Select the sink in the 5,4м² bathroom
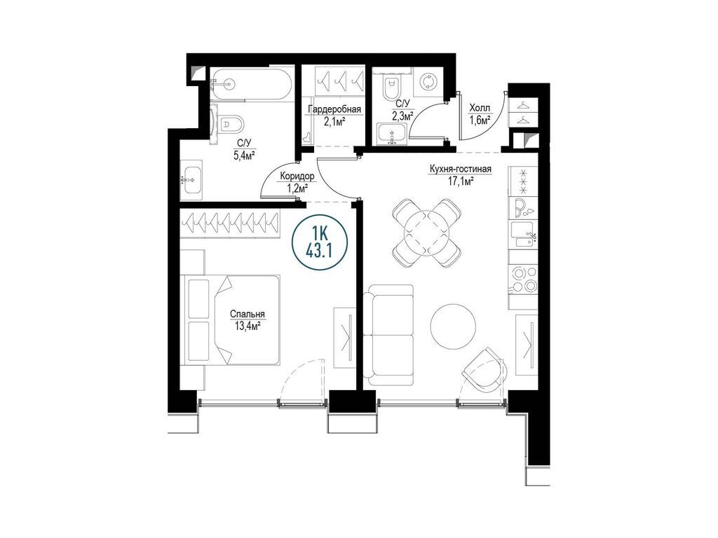pos(191,179)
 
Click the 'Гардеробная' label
pos(334,110)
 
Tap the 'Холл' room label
pos(480,109)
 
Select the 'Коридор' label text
pos(297,176)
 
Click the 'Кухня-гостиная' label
pos(460,170)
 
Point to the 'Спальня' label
pos(248,315)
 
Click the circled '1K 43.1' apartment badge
pos(319,242)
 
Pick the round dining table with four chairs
pos(426,233)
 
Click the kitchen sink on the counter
pos(523,234)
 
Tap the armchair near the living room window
pos(484,369)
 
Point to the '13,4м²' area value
pos(248,325)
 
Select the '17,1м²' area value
pos(460,181)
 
